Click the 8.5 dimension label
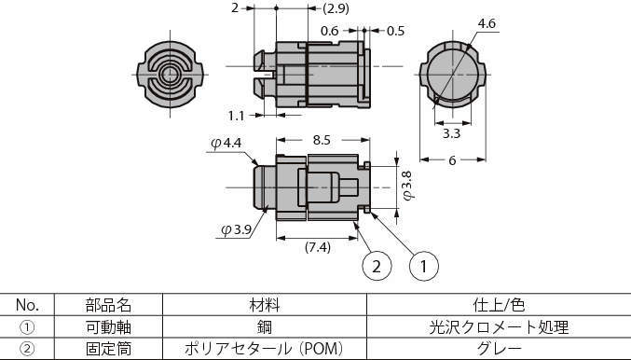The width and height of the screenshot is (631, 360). pyautogui.click(x=322, y=140)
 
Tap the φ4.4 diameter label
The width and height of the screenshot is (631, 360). pyautogui.click(x=226, y=143)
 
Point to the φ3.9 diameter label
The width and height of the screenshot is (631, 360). pyautogui.click(x=237, y=229)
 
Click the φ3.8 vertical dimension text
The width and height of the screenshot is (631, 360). pyautogui.click(x=405, y=185)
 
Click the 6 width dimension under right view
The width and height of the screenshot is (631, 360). pyautogui.click(x=452, y=160)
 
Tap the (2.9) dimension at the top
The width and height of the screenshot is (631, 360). pyautogui.click(x=309, y=8)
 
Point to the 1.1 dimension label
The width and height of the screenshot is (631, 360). pyautogui.click(x=236, y=116)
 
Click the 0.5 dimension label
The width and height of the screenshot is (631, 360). pyautogui.click(x=395, y=31)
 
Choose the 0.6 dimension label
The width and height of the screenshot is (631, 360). pyautogui.click(x=329, y=31)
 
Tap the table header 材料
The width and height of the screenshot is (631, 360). pyautogui.click(x=265, y=305)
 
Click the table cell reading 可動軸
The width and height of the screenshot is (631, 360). pyautogui.click(x=109, y=327)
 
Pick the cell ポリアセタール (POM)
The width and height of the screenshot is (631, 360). pyautogui.click(x=265, y=349)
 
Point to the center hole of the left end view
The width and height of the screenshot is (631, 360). pyautogui.click(x=171, y=72)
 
